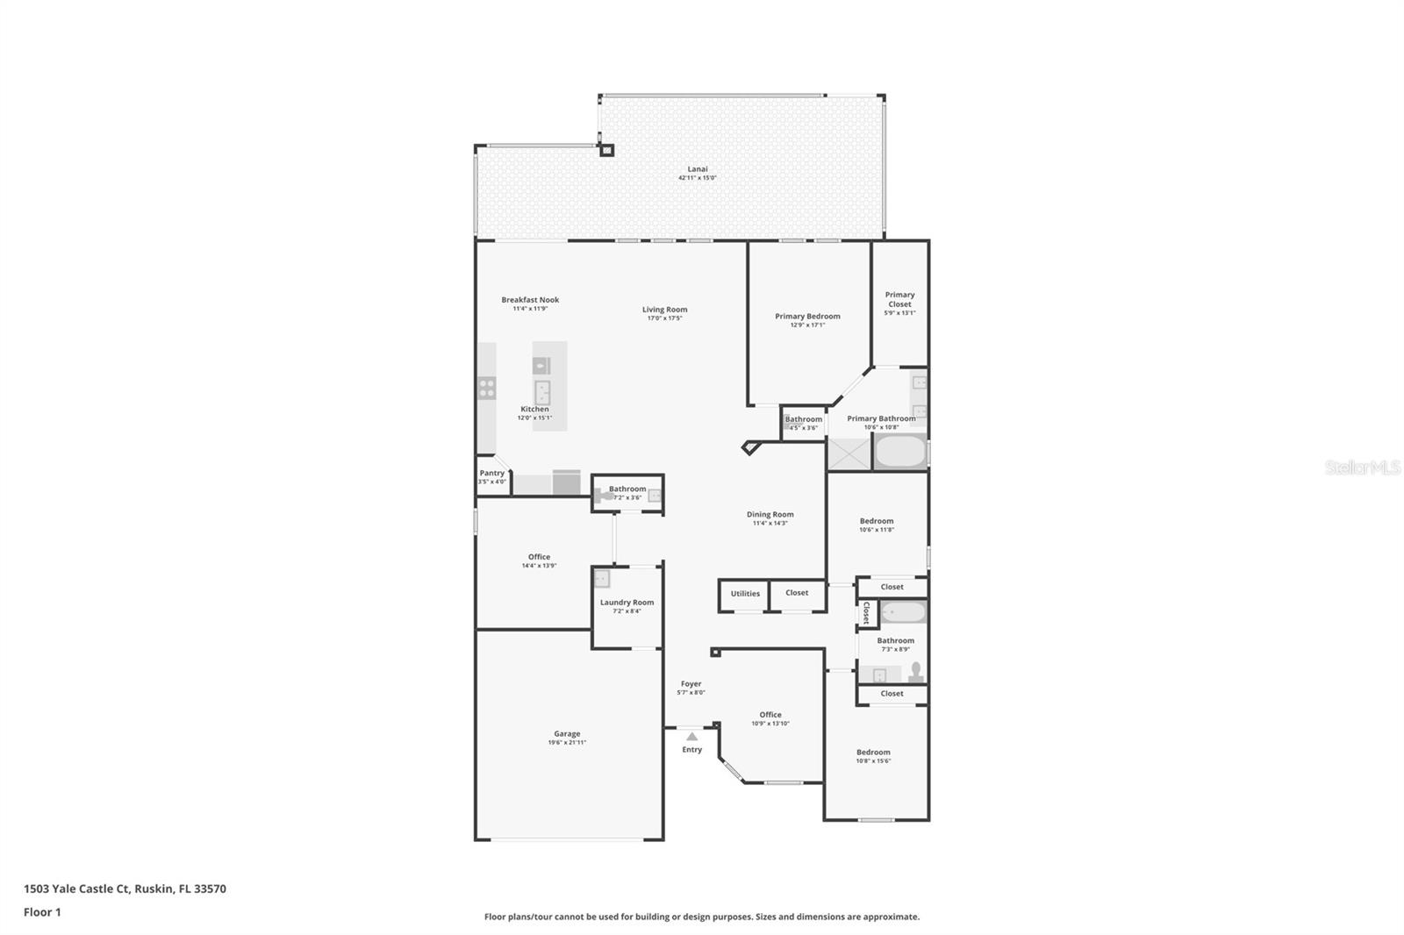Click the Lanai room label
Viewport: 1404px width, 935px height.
coord(698,169)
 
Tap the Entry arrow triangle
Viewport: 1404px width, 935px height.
coord(691,737)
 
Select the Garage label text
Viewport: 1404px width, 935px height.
coord(567,734)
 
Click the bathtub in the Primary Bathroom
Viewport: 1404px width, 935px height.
coord(900,453)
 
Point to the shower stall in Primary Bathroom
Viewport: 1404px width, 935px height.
coord(849,453)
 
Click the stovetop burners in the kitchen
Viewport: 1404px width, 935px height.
coord(487,388)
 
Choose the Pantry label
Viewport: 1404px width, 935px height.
coord(492,474)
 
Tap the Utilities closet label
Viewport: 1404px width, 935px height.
coord(745,594)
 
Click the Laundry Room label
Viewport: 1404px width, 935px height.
coord(627,603)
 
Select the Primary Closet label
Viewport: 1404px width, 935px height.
coord(899,299)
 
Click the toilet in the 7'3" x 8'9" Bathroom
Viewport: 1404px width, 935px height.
coord(915,672)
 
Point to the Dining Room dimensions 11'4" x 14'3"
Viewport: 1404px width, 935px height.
coord(770,524)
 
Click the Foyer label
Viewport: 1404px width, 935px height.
coord(691,684)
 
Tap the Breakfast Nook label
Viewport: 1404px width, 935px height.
coord(530,300)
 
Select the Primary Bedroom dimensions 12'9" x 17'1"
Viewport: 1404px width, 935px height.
coord(807,325)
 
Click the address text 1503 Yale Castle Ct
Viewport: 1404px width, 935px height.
coord(77,889)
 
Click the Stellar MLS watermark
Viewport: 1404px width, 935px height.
coord(1362,467)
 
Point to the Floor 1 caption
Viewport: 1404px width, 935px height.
coord(42,912)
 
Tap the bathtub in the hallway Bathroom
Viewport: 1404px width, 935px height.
coord(903,612)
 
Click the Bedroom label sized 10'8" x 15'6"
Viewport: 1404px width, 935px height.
coord(873,753)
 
